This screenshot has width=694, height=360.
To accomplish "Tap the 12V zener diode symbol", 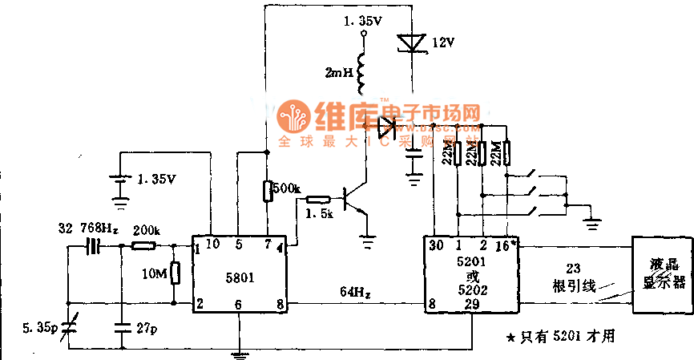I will point(410,42).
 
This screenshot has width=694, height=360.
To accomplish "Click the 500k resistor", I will point(267,191).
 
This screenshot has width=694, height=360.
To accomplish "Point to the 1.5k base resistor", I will point(317,200).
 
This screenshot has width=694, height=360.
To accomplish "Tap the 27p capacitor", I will point(121,328).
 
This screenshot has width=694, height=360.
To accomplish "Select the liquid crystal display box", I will point(661,275).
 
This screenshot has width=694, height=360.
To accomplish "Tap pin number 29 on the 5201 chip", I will point(474,305).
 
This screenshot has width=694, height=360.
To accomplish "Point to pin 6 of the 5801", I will point(239,305).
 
